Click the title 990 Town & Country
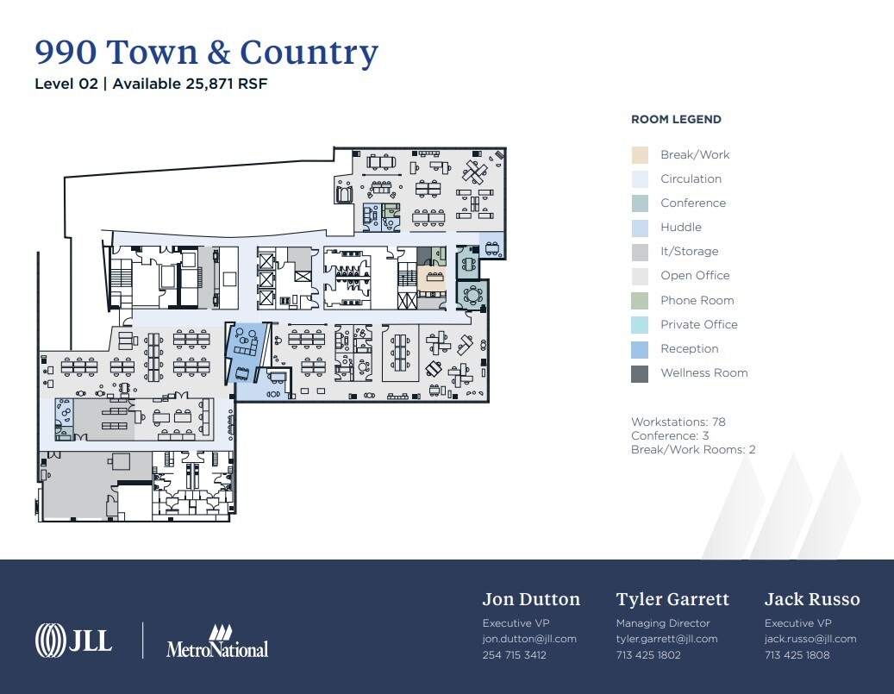[x=206, y=53]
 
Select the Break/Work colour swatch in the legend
[x=640, y=155]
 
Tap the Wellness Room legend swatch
[x=640, y=373]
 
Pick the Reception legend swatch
[x=640, y=349]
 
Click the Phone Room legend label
[x=697, y=300]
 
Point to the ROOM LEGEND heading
[x=676, y=120]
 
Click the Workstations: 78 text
[x=678, y=422]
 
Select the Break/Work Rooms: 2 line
[x=693, y=449]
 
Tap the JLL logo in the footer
[x=73, y=640]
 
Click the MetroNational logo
[x=217, y=642]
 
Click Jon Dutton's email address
[x=529, y=639]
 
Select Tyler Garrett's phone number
[x=648, y=654]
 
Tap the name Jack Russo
[x=812, y=599]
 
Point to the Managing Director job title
[x=663, y=622]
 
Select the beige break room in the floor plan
[x=431, y=279]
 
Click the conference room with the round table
[x=472, y=296]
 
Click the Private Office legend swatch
[x=640, y=325]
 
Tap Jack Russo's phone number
[x=797, y=654]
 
